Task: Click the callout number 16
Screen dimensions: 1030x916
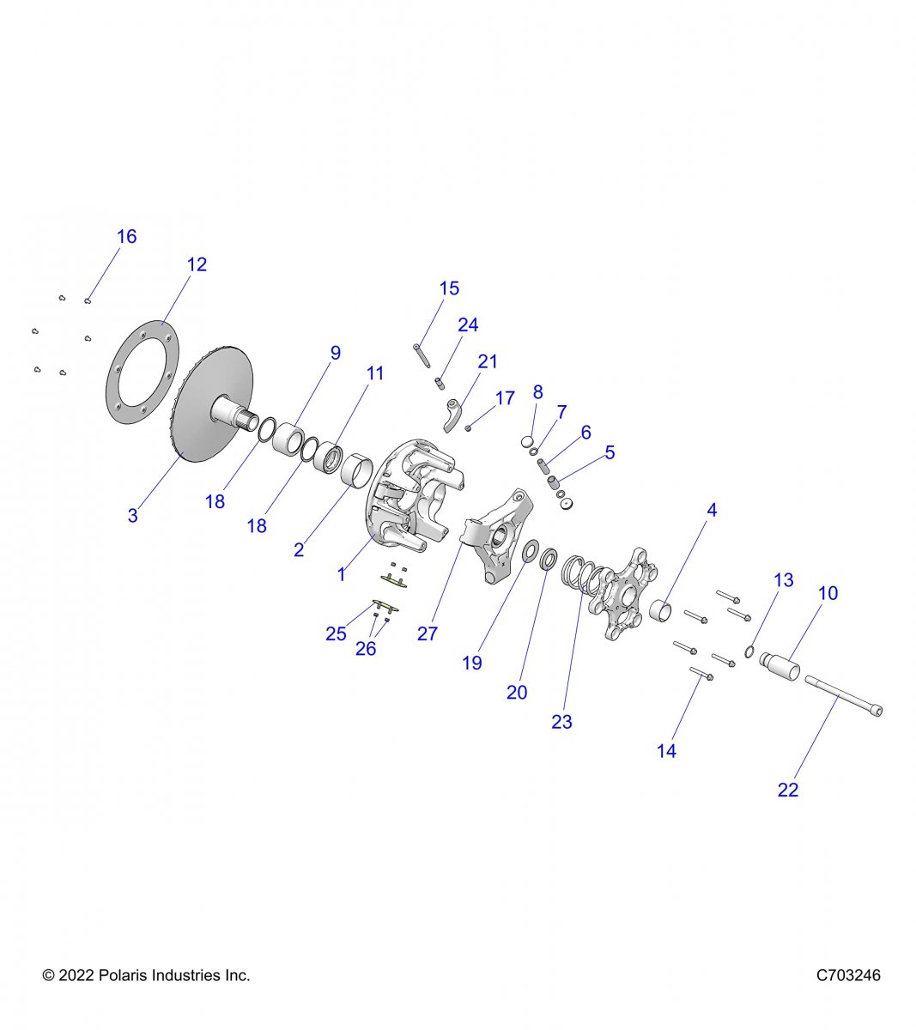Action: [126, 237]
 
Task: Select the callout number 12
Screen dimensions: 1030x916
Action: [197, 264]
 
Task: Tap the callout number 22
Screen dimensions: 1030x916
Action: [787, 790]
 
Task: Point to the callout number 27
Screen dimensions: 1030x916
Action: [427, 633]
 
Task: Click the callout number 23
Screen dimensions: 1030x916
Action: [561, 722]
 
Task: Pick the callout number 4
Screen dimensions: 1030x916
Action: [711, 510]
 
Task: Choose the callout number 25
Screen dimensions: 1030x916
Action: [336, 633]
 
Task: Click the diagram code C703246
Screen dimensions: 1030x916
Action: [848, 975]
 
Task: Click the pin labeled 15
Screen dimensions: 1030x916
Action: [422, 355]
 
